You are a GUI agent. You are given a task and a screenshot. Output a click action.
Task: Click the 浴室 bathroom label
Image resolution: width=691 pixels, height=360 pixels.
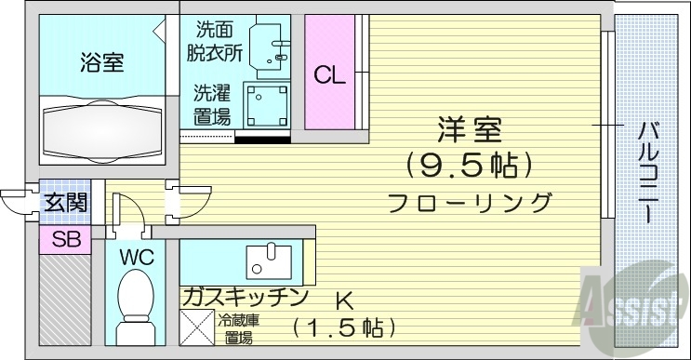pos(101,65)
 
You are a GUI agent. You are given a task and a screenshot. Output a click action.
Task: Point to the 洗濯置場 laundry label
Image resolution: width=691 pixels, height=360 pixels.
pos(212,104)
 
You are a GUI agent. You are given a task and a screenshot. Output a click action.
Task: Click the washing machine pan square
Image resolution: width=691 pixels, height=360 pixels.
pos(266,105)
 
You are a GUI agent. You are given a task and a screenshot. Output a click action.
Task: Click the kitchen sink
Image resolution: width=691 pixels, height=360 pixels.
pos(271,260)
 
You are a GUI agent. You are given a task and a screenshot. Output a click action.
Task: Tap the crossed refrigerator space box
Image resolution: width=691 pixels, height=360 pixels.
pos(197,328)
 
